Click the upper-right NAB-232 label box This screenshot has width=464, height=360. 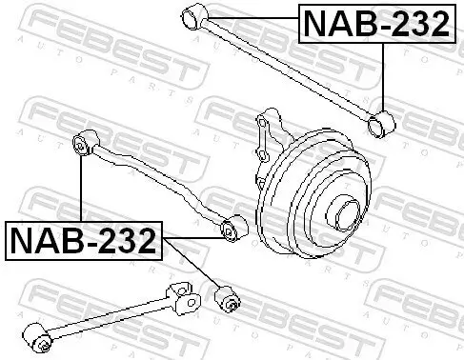pyautogui.click(x=375, y=24)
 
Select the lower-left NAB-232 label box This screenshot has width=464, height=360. pyautogui.click(x=83, y=241)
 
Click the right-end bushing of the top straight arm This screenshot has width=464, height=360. pyautogui.click(x=383, y=121)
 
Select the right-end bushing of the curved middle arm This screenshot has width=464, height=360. pyautogui.click(x=230, y=230)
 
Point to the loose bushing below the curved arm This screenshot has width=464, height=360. pyautogui.click(x=227, y=299)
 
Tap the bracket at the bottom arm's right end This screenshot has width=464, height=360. pyautogui.click(x=185, y=298)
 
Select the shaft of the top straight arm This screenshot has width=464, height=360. pyautogui.click(x=286, y=66)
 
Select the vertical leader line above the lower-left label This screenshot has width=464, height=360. pyautogui.click(x=82, y=190)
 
